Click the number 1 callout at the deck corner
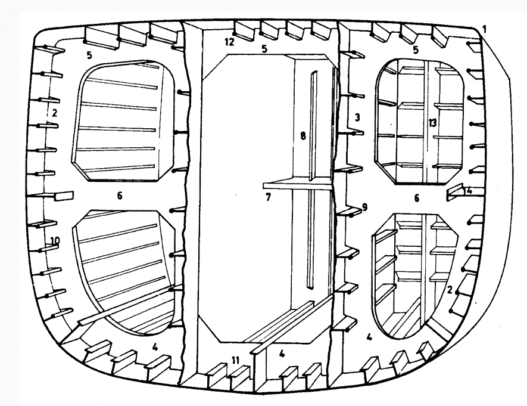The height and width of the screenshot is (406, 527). point(484,29)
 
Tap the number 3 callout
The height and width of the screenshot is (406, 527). point(357,117)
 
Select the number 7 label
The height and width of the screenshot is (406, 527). point(268,197)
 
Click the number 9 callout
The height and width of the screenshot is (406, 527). point(364,207)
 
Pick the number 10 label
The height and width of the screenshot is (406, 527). point(55,241)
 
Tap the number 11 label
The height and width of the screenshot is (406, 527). point(235,361)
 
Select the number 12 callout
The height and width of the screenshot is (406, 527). point(229,42)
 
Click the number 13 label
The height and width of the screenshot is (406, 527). point(432,123)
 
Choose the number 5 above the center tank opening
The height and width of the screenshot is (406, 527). point(264,49)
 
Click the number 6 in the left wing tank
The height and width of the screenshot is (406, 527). point(120,196)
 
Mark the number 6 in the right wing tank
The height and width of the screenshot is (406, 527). point(417,198)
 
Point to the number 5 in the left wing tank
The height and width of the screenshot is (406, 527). point(89,55)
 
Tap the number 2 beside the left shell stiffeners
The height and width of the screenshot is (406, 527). point(54,113)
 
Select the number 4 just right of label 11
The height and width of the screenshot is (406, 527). point(282,354)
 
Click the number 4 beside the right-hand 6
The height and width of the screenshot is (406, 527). point(469,191)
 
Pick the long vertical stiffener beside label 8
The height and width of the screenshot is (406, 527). point(312,180)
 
